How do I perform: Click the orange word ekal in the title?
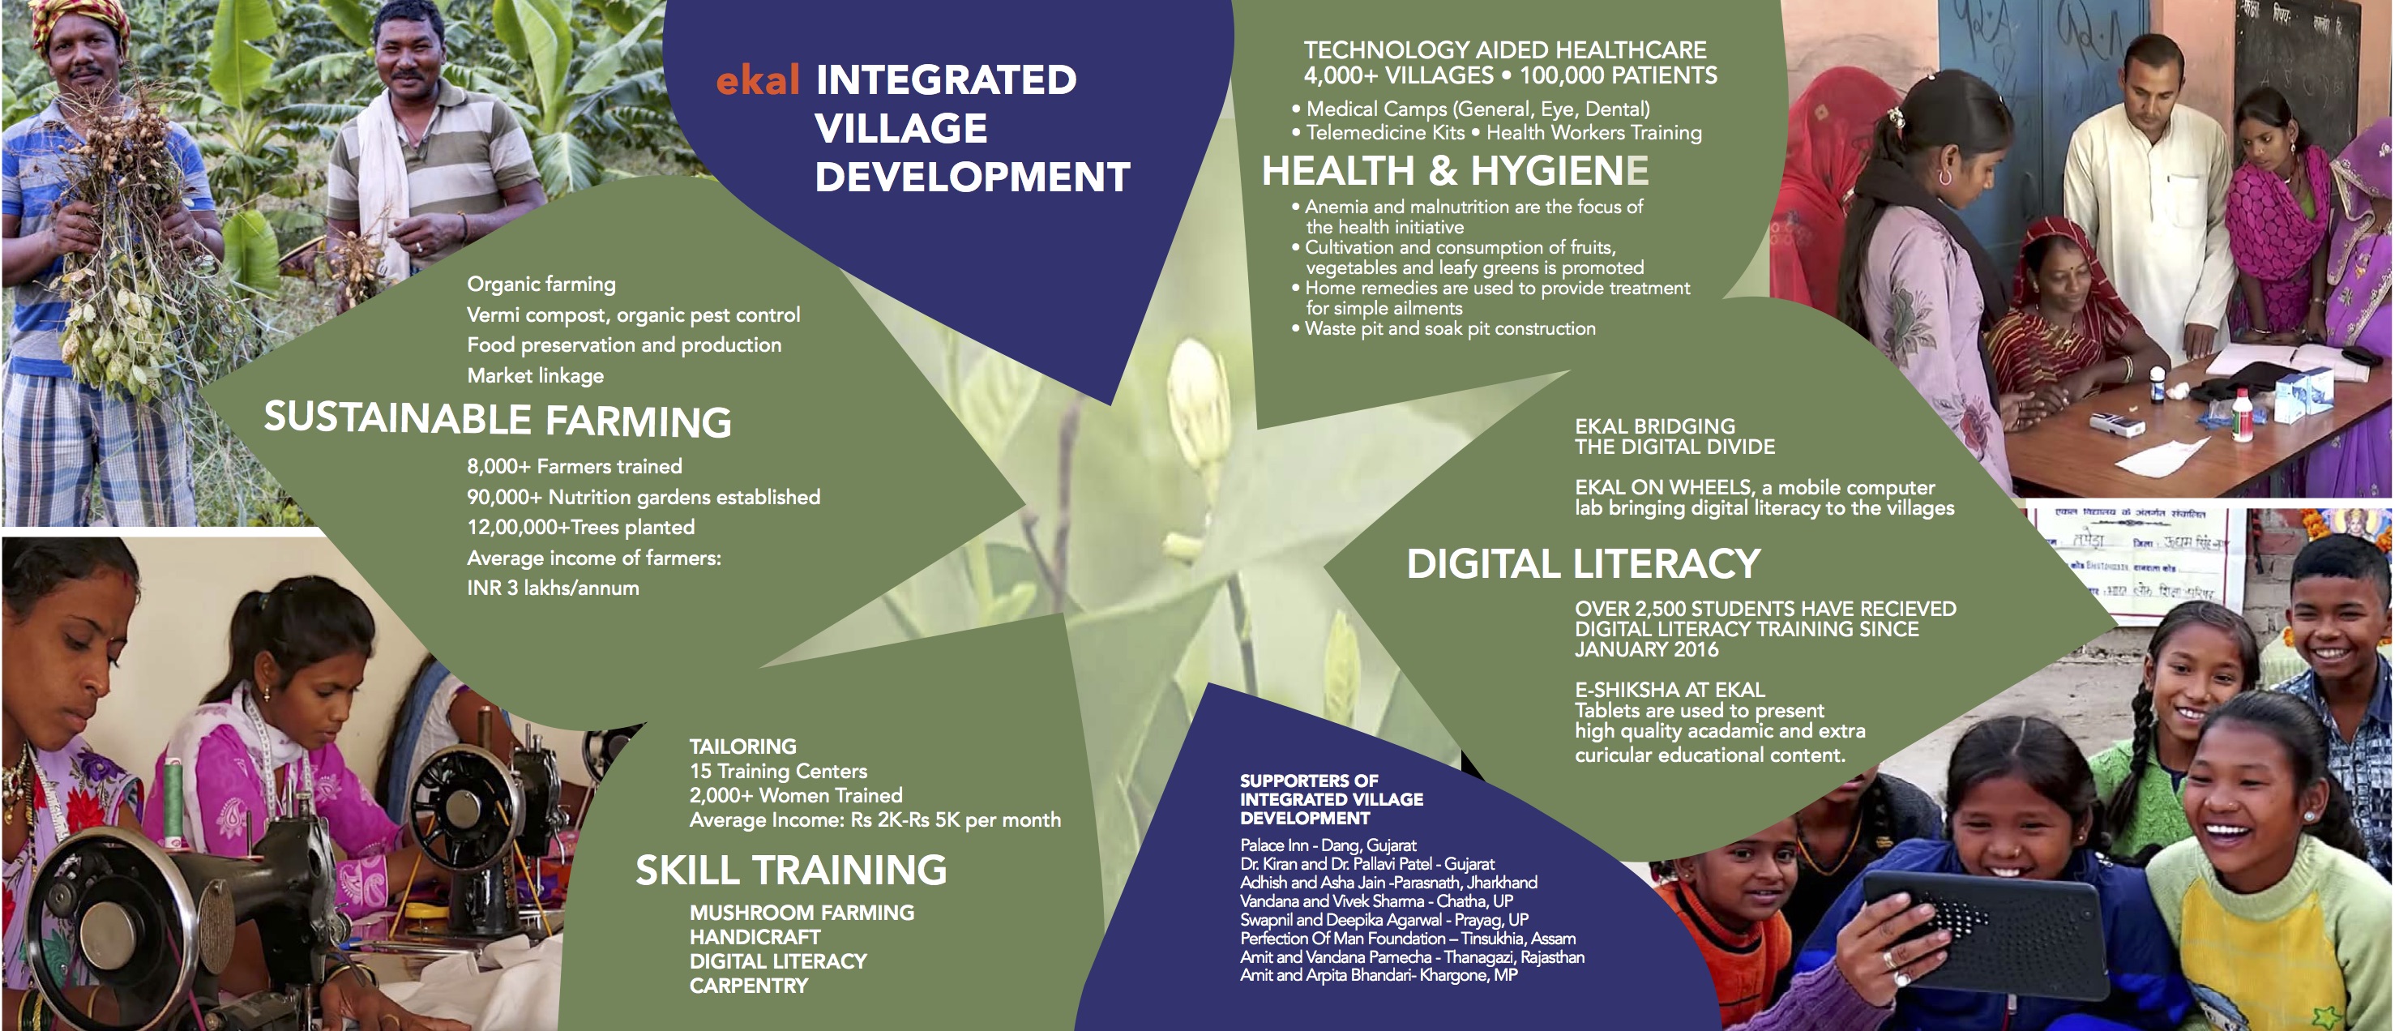point(757,81)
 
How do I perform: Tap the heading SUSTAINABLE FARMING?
point(498,419)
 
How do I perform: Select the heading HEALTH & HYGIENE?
point(1454,171)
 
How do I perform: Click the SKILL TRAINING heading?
point(791,871)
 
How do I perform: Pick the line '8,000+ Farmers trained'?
point(574,467)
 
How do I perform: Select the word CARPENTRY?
point(748,986)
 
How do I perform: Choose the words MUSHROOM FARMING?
point(802,913)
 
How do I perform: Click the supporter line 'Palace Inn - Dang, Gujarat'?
point(1328,846)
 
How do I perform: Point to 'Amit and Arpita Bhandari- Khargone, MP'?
point(1378,975)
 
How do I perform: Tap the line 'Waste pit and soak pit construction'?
point(1448,329)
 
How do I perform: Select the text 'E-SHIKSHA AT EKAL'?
point(1669,690)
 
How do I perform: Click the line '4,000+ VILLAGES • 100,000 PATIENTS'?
point(1509,76)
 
